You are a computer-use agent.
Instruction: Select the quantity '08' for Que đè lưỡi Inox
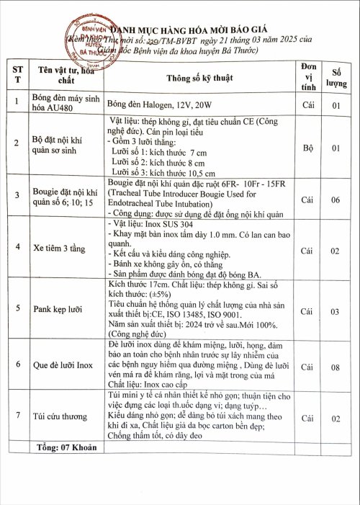click(336, 367)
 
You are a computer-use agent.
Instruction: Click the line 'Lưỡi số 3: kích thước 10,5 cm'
click(163, 172)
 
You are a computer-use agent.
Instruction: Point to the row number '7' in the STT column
click(17, 417)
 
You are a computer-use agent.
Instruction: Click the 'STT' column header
click(17, 74)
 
